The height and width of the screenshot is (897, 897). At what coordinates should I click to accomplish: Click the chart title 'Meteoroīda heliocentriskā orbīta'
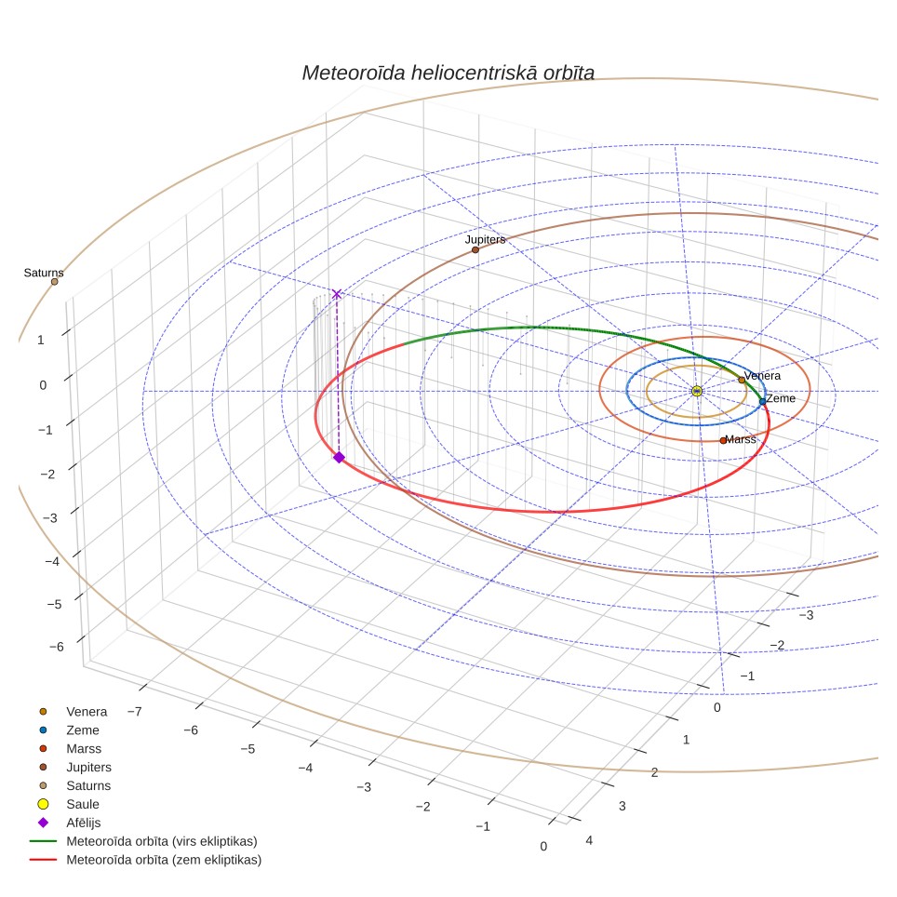(448, 73)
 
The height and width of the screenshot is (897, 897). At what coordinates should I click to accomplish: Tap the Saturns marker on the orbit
(54, 281)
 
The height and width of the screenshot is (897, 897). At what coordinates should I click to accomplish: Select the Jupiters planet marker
(475, 250)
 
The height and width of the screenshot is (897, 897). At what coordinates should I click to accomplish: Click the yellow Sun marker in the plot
(697, 392)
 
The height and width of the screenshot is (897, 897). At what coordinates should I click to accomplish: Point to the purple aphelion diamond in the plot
(340, 457)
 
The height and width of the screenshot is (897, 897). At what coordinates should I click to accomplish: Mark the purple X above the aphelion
(337, 294)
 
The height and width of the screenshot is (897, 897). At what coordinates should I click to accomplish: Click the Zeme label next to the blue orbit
(781, 399)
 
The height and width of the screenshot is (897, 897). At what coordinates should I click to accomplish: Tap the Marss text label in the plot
(741, 439)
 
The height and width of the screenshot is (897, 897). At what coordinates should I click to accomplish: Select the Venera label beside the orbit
(762, 376)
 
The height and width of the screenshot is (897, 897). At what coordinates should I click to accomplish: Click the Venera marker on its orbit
(742, 380)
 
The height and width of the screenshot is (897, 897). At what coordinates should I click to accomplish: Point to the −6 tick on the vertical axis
(57, 647)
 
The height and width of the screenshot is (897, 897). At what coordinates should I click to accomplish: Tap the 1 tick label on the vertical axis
(41, 340)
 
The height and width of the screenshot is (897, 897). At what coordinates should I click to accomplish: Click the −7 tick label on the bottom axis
(134, 712)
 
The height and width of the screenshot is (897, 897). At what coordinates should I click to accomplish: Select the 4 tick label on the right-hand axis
(589, 840)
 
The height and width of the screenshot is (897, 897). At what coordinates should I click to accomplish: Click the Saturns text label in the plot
(44, 273)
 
